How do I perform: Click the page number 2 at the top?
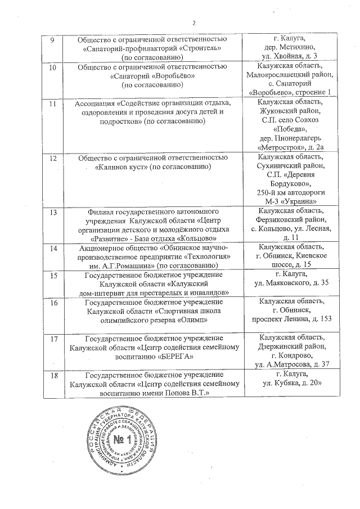(194, 23)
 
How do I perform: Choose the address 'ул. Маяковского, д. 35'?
(289, 283)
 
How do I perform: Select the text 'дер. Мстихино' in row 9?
(289, 48)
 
